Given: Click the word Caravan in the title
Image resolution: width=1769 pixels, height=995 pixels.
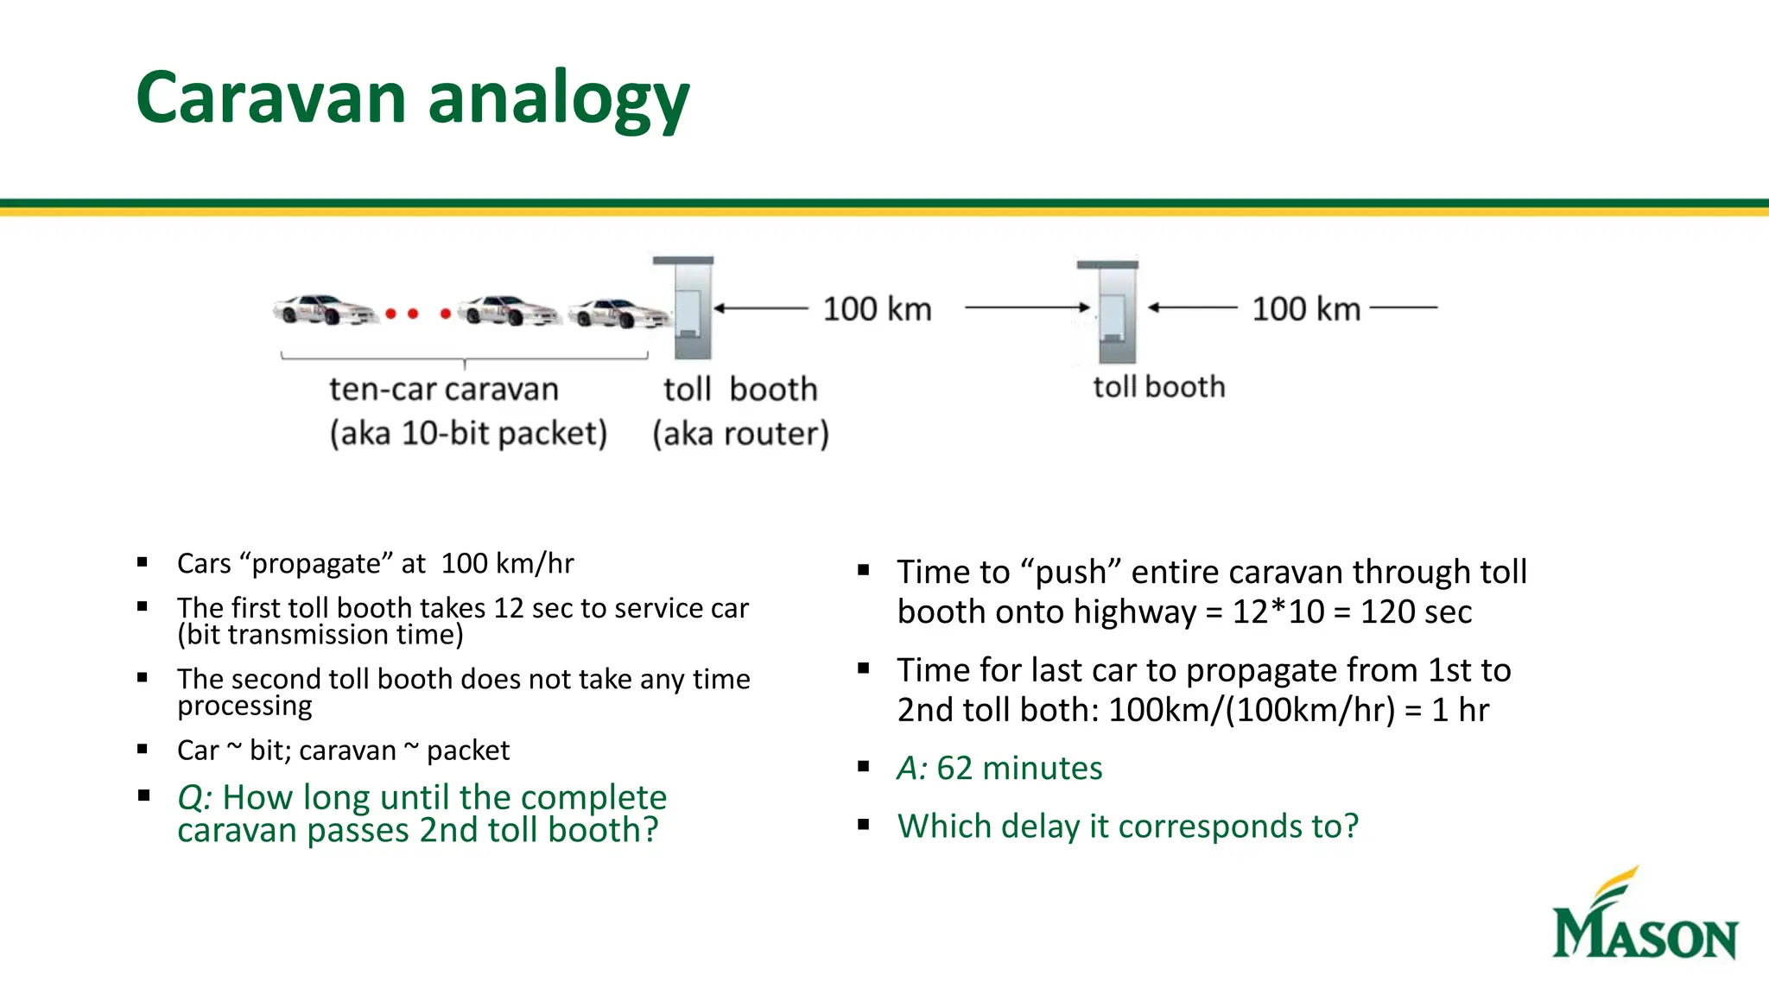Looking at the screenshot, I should [x=270, y=97].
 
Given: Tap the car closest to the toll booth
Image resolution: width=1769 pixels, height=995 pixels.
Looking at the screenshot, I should [x=618, y=314].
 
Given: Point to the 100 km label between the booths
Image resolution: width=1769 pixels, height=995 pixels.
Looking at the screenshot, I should [x=877, y=309].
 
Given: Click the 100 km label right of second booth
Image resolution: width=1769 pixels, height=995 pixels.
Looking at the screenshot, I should [x=1306, y=309].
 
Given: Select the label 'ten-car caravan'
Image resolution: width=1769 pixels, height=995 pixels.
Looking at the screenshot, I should [x=444, y=390].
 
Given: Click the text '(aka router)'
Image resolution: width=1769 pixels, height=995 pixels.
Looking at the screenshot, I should [x=740, y=434].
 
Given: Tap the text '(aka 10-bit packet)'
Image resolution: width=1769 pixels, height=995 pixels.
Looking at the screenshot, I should [x=468, y=434].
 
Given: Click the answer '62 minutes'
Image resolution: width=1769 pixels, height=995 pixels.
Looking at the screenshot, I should [x=1019, y=768].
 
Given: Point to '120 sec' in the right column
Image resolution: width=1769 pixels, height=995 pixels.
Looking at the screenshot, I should [x=1416, y=612].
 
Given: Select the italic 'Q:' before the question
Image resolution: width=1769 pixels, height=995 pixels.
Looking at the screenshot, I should [x=194, y=797].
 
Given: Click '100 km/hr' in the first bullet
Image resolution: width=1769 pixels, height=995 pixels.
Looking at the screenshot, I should [x=507, y=564].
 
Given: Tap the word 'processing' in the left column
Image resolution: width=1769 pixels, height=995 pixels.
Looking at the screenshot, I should [x=244, y=707].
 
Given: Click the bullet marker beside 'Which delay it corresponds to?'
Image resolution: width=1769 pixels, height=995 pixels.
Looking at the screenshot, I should [x=863, y=826].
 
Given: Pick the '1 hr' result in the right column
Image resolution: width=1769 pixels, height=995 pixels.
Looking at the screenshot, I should [x=1460, y=710].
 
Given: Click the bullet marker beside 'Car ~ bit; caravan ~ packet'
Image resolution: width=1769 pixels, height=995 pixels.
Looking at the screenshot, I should [x=143, y=750].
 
